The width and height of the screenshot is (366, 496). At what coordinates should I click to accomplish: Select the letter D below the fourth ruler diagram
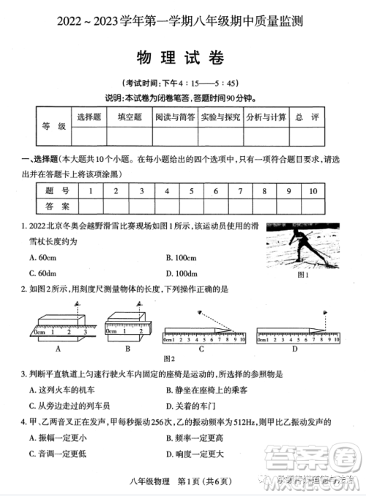click(295, 349)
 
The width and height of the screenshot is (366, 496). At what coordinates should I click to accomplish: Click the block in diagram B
click(127, 317)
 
